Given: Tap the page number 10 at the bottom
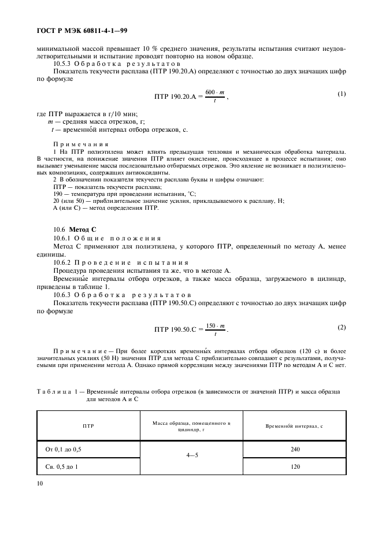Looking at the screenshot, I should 40,480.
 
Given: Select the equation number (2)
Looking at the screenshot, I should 341,327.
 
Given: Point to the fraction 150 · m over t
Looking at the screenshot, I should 214,329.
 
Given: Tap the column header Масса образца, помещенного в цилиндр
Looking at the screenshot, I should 191,426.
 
